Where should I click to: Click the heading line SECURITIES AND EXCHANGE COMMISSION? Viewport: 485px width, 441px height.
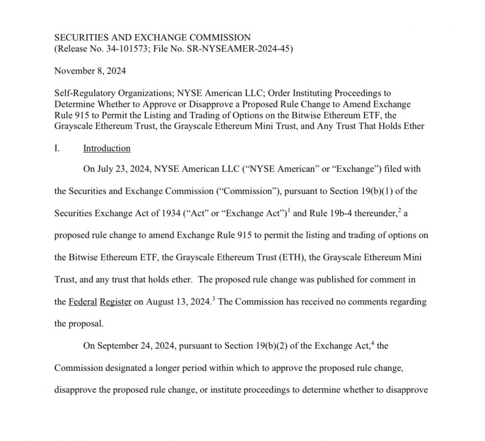(153, 37)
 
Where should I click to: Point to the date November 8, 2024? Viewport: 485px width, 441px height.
(90, 71)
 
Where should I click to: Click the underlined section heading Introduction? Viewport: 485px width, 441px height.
(107, 148)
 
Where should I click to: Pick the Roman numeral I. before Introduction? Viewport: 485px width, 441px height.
(57, 148)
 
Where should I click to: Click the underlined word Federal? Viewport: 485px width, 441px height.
(83, 302)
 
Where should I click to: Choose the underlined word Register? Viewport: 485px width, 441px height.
(116, 302)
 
